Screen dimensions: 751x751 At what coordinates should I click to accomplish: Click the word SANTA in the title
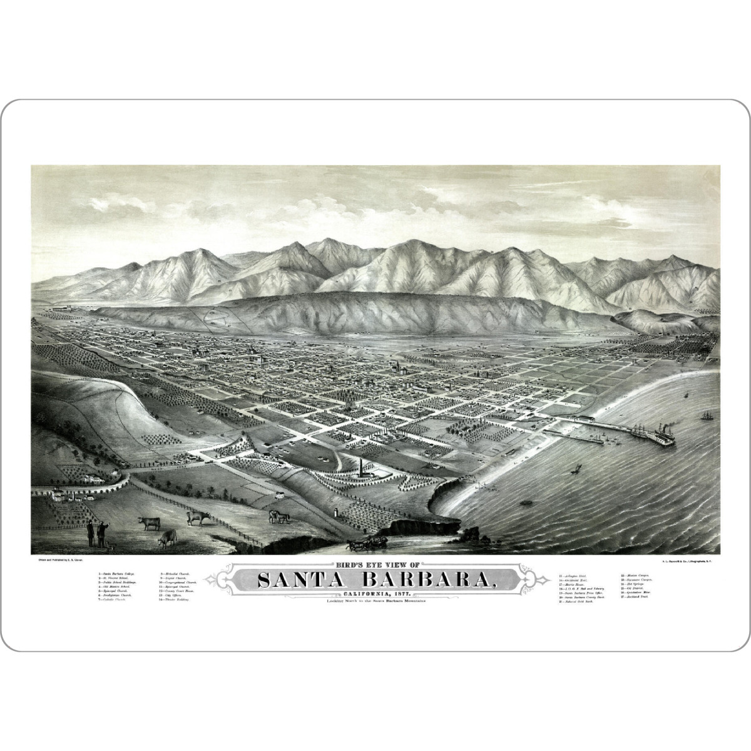(298, 580)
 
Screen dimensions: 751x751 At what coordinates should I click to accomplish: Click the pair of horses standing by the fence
(279, 516)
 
